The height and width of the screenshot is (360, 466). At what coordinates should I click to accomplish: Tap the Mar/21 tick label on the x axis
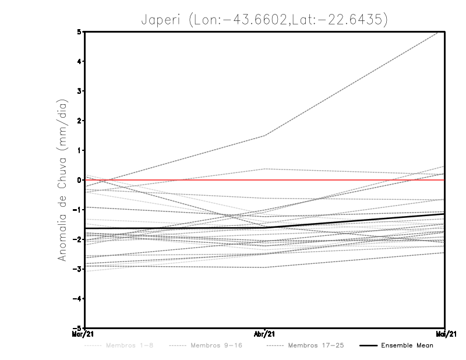84,334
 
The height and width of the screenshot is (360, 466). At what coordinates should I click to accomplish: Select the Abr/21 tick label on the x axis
264,334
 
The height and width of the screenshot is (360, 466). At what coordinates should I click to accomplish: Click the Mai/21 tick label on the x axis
444,334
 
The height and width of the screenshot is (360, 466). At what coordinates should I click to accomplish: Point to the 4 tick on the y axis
79,62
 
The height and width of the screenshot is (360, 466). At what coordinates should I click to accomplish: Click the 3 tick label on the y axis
79,91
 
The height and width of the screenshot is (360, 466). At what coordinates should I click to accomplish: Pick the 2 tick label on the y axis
79,121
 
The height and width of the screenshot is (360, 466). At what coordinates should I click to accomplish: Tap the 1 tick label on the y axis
79,150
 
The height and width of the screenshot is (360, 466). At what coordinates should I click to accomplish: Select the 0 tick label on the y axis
79,180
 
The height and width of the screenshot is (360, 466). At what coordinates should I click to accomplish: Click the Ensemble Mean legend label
407,345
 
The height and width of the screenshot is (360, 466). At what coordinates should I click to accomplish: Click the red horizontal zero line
349,180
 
